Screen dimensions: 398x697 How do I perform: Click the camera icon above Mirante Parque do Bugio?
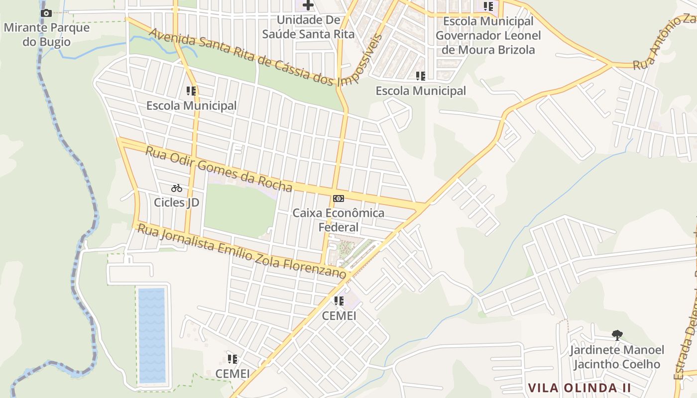46,13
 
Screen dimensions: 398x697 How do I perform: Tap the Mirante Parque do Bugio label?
47,34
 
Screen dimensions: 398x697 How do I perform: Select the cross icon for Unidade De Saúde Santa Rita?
308,6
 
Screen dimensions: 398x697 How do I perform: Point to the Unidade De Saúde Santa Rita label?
308,27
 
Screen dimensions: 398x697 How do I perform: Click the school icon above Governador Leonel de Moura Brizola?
488,7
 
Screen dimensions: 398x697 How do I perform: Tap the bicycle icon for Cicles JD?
177,188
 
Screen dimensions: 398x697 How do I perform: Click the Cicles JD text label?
176,202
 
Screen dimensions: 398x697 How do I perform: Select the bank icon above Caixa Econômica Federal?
339,199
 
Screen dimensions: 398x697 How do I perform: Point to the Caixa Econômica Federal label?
339,220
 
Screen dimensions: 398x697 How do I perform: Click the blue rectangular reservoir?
152,336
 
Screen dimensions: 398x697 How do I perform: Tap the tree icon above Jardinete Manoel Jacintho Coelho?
617,335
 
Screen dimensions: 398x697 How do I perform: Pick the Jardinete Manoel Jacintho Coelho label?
617,357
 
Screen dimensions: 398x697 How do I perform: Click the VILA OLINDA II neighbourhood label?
579,388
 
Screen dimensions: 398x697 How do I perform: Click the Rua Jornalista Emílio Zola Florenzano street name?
241,252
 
